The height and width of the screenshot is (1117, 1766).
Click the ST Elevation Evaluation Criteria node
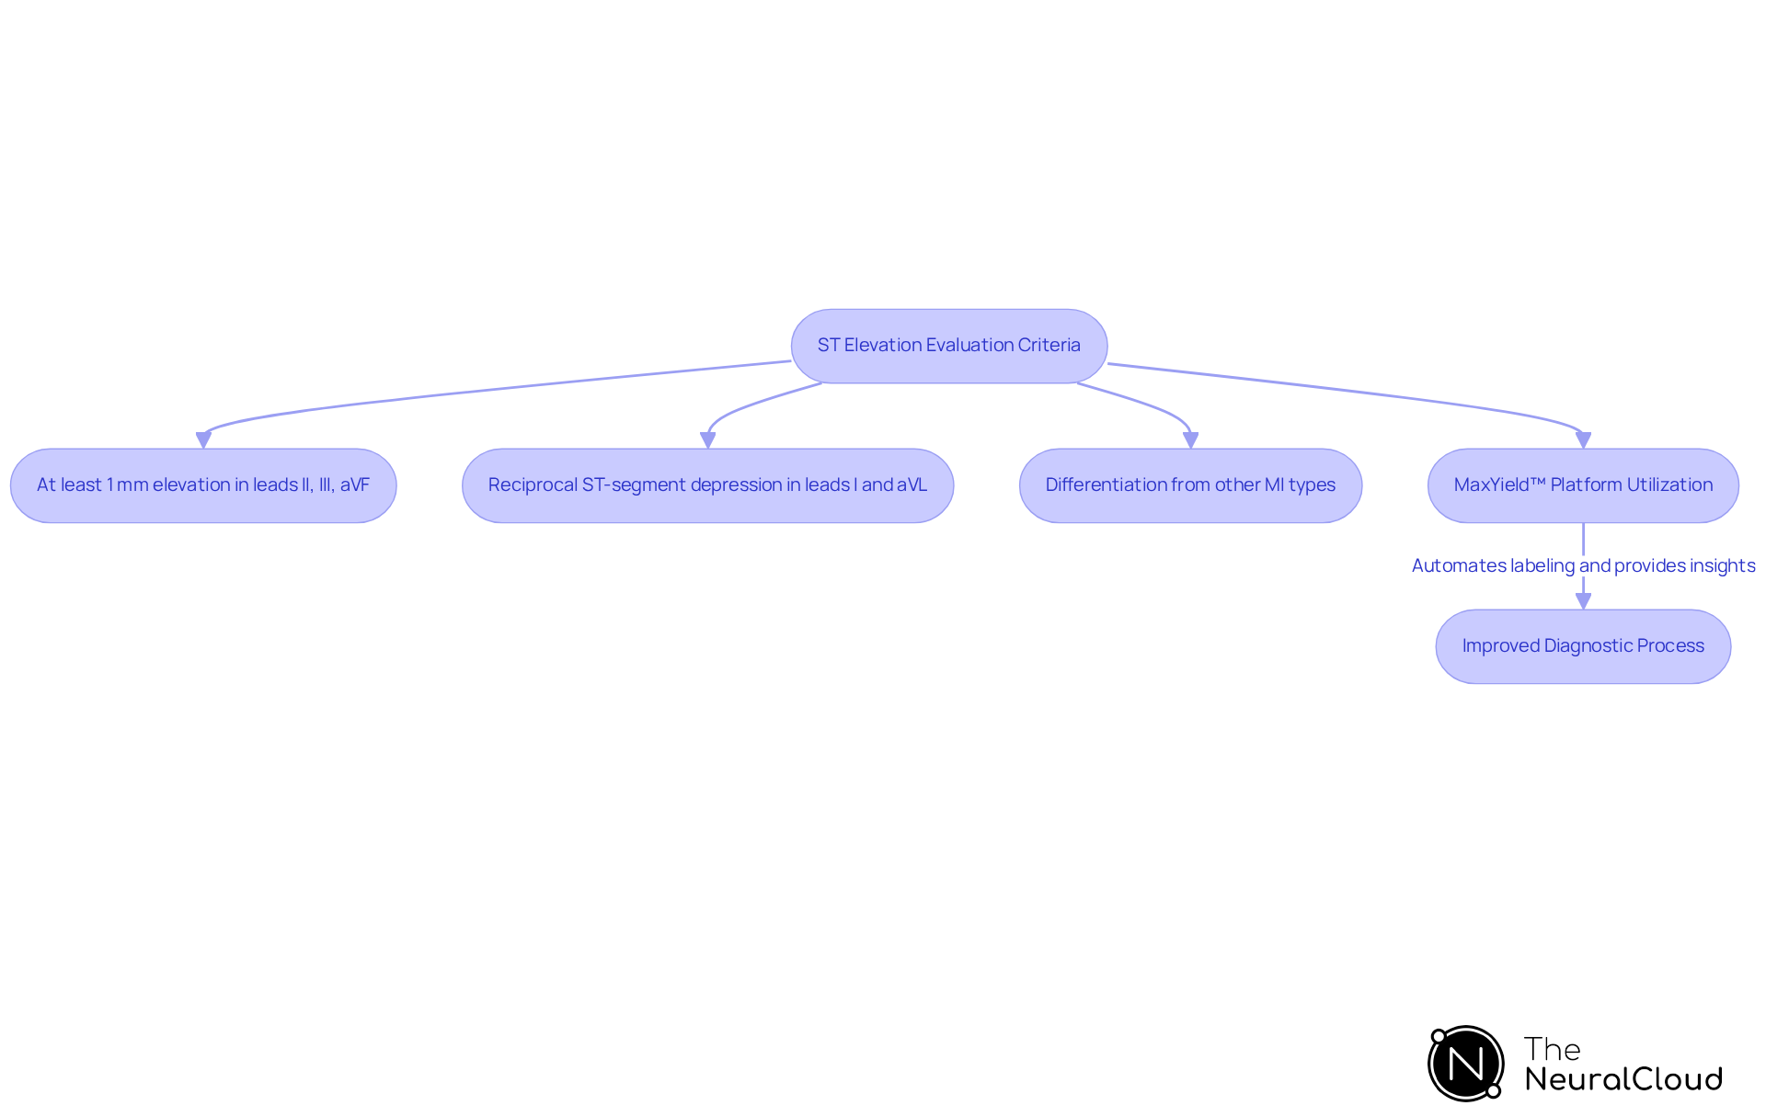[x=948, y=346]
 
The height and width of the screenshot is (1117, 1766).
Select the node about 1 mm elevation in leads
[x=203, y=485]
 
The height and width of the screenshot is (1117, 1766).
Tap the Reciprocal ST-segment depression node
[x=707, y=485]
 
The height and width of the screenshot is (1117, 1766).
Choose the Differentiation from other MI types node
[x=1190, y=485]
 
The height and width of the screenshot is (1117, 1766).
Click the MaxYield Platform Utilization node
[x=1583, y=485]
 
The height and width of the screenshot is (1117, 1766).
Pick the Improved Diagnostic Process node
[x=1583, y=646]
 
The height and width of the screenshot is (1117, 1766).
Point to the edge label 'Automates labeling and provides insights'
[x=1583, y=565]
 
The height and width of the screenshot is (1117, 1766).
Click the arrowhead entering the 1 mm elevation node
[x=203, y=440]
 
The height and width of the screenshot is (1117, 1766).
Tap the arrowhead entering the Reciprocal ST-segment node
[x=707, y=440]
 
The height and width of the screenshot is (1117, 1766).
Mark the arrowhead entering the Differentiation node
[x=1190, y=440]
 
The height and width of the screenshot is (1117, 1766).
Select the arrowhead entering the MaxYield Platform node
[x=1583, y=440]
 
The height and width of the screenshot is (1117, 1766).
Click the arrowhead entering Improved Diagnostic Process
[x=1583, y=601]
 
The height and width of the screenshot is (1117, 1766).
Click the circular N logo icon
[x=1466, y=1064]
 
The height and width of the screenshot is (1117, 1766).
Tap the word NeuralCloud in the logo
[x=1623, y=1079]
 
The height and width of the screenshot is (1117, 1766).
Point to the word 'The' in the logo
[x=1552, y=1049]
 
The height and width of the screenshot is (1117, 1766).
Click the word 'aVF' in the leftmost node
[x=355, y=485]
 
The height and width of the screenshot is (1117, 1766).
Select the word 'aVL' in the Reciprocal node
[x=912, y=485]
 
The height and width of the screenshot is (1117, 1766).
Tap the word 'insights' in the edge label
[x=1722, y=565]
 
